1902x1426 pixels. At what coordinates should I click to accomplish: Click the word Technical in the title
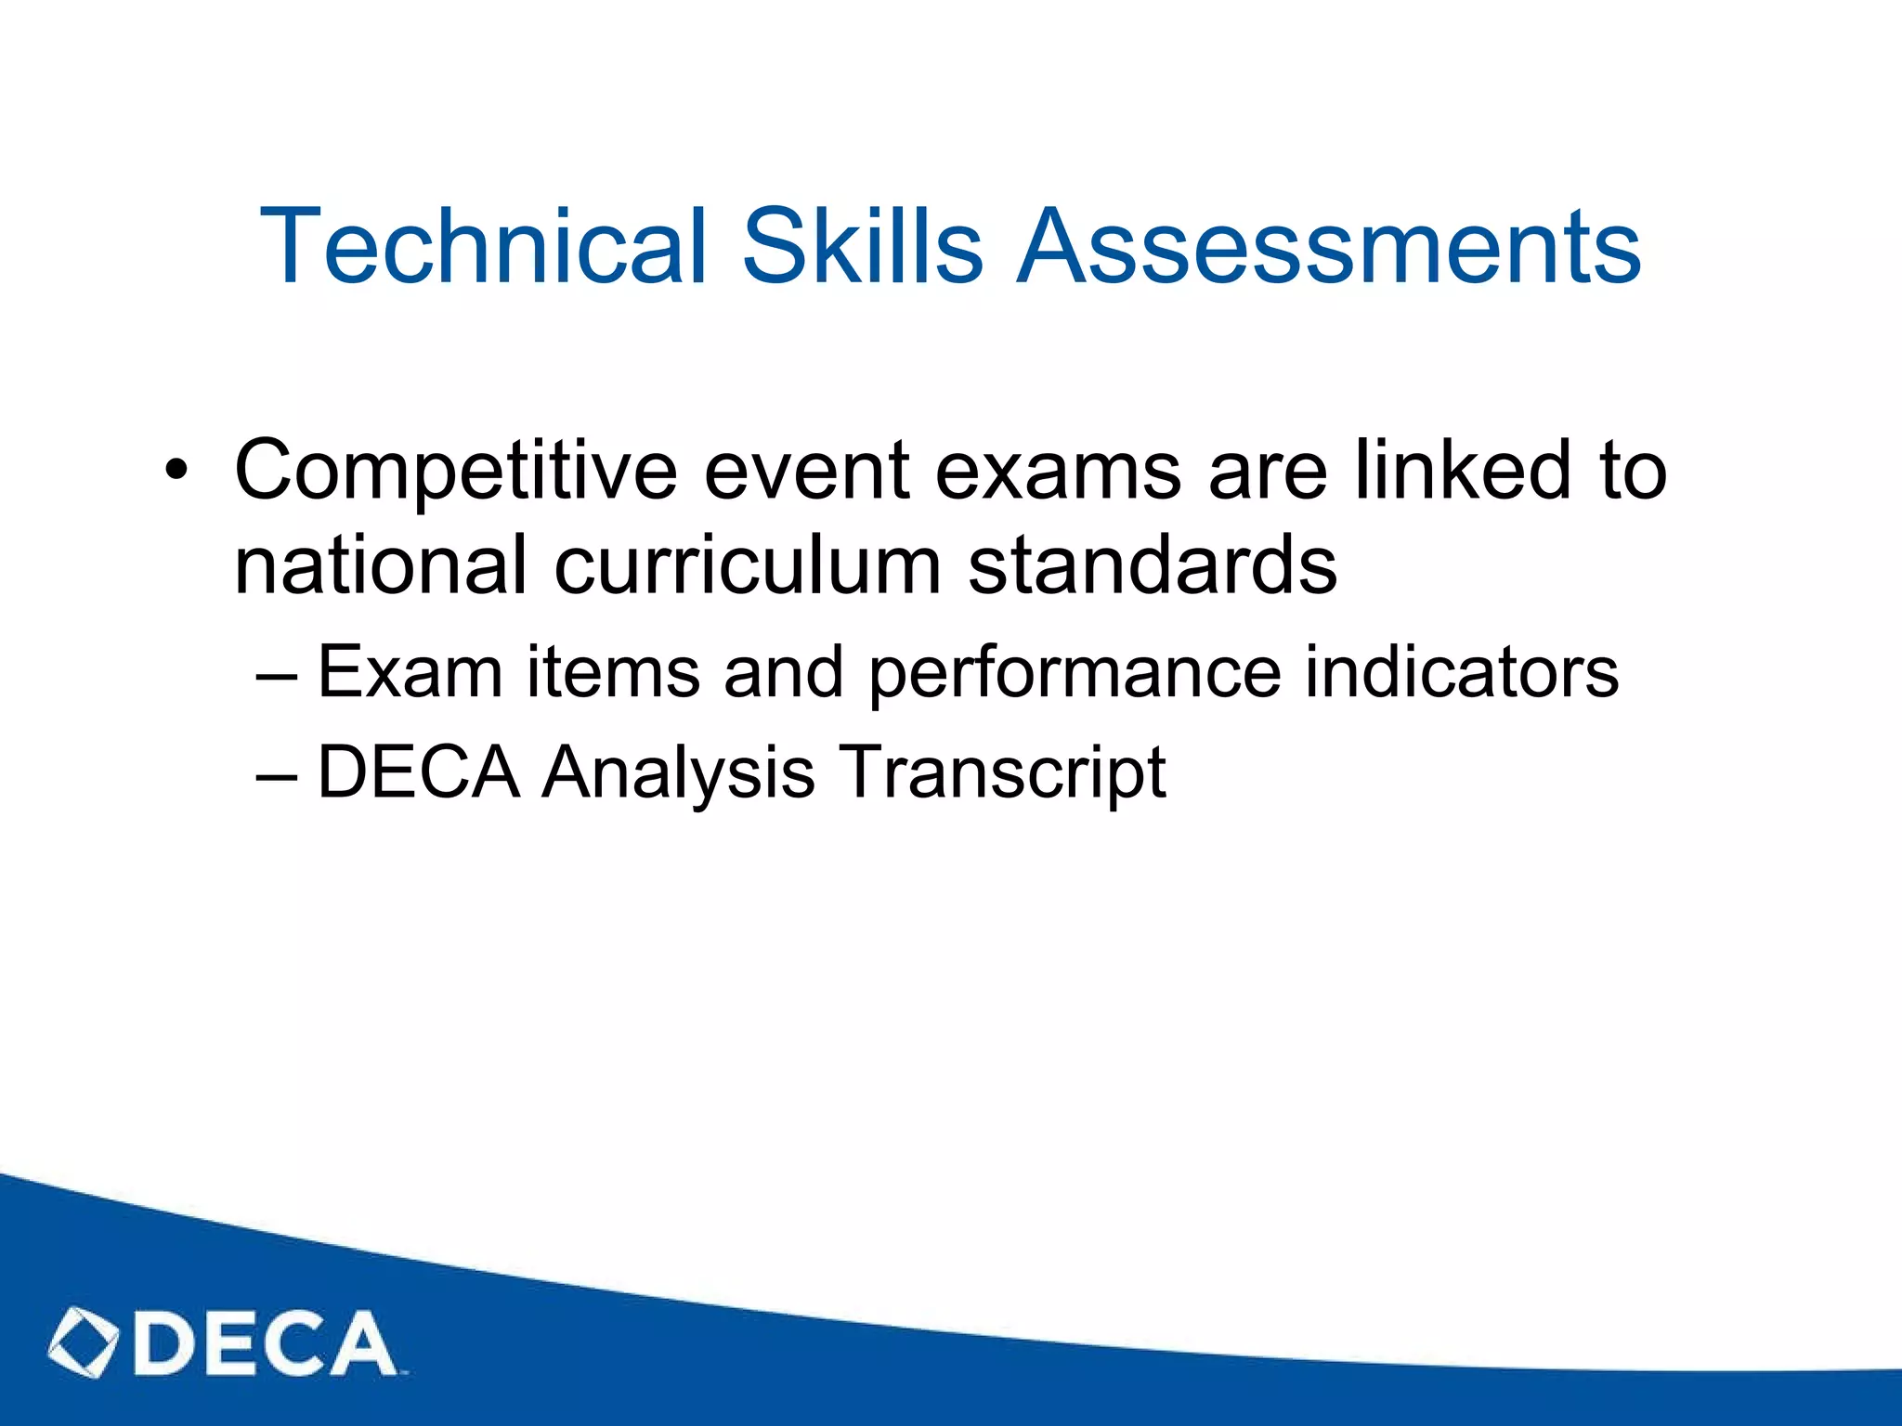(x=484, y=246)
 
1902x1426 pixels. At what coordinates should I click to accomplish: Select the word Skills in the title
(x=862, y=246)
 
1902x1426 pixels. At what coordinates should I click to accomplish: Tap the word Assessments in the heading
(x=1329, y=246)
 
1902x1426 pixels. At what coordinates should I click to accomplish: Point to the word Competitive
(x=456, y=471)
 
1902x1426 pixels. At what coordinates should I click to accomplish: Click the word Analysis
(x=678, y=772)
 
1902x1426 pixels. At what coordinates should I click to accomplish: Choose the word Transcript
(x=1002, y=772)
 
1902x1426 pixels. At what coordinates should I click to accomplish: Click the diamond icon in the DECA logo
(x=84, y=1342)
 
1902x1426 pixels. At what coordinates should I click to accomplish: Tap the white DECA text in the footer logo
(x=265, y=1342)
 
